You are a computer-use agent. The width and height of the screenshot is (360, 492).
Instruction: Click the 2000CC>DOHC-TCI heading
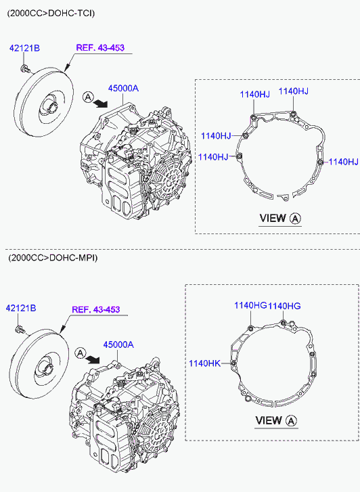point(51,13)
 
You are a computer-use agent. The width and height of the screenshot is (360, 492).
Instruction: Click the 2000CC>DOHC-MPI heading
point(53,258)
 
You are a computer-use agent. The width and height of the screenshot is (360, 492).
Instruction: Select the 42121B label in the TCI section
point(24,48)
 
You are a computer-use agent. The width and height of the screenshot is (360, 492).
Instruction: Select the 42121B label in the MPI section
point(21,308)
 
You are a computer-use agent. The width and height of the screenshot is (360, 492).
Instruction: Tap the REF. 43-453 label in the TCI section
point(100,47)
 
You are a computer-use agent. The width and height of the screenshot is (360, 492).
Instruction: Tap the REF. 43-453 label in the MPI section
point(96,309)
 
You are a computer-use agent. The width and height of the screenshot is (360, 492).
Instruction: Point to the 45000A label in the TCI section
point(123,89)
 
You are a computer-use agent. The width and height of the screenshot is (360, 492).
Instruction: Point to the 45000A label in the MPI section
point(118,344)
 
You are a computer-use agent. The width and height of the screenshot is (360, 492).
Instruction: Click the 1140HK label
point(204,363)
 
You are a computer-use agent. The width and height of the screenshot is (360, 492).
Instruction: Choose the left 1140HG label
point(250,305)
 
